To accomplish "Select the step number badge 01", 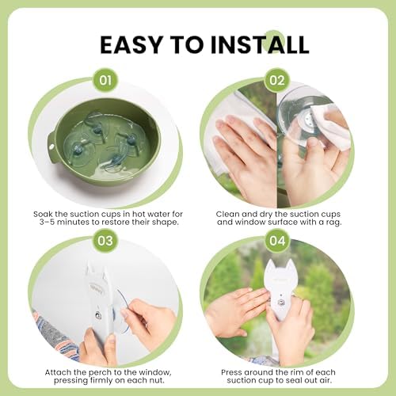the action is click(x=105, y=80).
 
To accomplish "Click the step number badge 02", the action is click(x=277, y=80).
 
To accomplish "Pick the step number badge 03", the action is click(x=105, y=241).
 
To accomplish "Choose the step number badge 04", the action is click(x=277, y=241).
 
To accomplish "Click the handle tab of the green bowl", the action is click(x=52, y=146).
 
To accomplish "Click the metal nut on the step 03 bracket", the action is click(x=97, y=314).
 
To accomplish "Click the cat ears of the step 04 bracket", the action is click(x=280, y=266).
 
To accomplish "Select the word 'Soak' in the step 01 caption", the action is click(x=43, y=214).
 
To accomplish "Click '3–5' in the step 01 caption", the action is click(x=47, y=222).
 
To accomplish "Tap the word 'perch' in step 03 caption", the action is click(x=100, y=373).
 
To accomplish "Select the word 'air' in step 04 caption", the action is click(x=325, y=380).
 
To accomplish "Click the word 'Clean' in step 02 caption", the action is click(x=227, y=214).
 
